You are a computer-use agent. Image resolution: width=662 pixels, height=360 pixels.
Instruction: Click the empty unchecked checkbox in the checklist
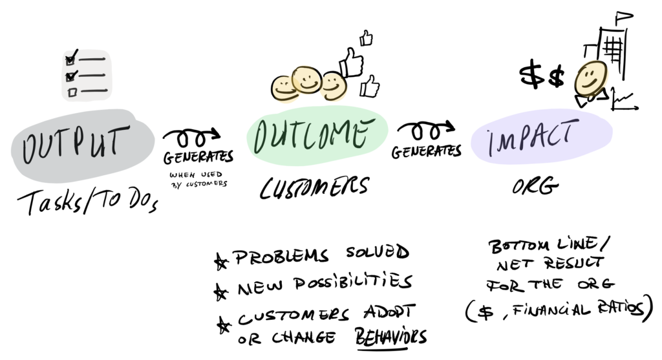72,92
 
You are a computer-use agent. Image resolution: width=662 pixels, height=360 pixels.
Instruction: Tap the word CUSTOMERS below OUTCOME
315,187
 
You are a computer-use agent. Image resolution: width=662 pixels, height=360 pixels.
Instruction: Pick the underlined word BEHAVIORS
392,337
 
